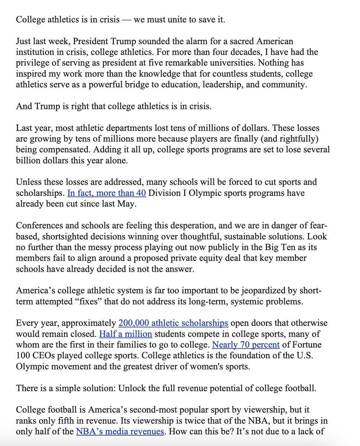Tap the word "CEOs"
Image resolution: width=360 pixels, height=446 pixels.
pos(41,355)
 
